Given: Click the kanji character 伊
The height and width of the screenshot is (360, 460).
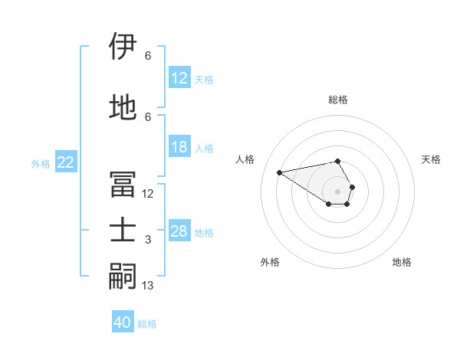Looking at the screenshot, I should [x=123, y=47].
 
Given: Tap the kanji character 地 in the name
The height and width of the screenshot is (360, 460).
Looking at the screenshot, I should [x=123, y=107].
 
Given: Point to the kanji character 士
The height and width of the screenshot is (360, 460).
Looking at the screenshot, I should [x=123, y=231].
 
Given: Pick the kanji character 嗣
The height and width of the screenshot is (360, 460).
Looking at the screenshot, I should [x=123, y=277].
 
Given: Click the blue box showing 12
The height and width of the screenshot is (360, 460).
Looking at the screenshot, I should [x=179, y=78].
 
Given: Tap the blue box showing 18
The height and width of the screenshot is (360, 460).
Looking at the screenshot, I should [x=179, y=147].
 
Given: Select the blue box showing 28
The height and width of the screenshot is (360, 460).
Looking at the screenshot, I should [x=179, y=231].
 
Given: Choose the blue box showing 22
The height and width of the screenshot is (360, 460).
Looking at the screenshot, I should [x=66, y=162].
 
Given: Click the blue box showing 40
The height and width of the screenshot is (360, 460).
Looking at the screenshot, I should [x=123, y=322].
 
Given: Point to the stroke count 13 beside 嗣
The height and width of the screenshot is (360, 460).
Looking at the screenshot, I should [x=148, y=286].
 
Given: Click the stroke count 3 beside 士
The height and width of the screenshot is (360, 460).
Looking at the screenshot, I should [x=148, y=240].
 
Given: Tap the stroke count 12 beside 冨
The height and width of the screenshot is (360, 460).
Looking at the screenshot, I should [x=148, y=194].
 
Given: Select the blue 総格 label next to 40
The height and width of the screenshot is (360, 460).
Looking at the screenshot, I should [x=147, y=324].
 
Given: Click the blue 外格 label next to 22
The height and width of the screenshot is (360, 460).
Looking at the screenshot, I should [x=41, y=163].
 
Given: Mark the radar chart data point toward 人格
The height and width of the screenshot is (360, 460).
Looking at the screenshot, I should [x=279, y=172].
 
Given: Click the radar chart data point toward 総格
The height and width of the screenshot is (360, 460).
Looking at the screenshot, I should [x=337, y=161].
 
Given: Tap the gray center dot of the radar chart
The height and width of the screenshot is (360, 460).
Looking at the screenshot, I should [x=337, y=191].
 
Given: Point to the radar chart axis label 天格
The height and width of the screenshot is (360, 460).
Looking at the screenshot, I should [x=431, y=159].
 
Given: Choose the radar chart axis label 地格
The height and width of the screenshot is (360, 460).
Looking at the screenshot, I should [x=402, y=262].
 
